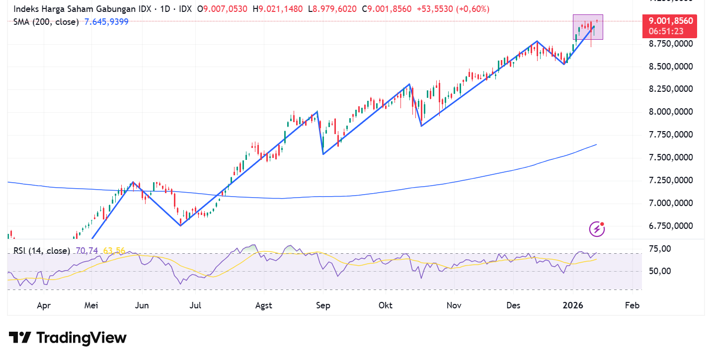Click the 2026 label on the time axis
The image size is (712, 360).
point(575,305)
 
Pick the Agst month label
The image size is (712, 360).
point(263,305)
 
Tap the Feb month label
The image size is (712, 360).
point(632,305)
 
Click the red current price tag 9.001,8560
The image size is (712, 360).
point(670,21)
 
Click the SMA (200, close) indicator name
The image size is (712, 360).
point(46,21)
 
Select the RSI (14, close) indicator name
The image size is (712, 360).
point(42,251)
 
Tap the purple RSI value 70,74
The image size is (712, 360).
point(87,251)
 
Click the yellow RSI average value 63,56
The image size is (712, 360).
point(114,251)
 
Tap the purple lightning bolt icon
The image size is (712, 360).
point(597,229)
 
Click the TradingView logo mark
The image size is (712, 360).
point(20,338)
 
